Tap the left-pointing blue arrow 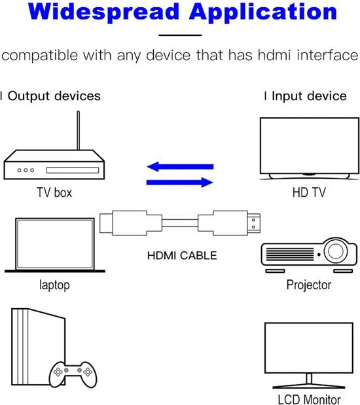179,167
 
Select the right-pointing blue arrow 179,183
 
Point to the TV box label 54,193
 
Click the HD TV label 309,193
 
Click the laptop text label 54,285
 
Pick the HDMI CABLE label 181,255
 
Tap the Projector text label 309,285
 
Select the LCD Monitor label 309,399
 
